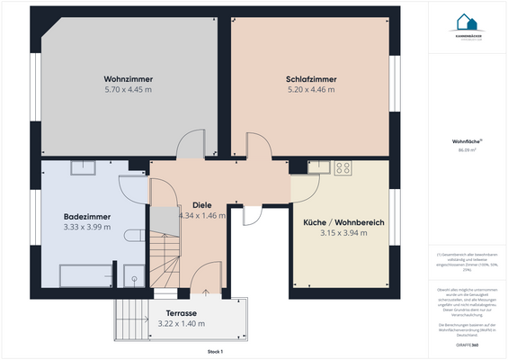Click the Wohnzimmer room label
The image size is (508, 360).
click(x=128, y=79)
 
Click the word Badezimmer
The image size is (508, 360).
click(x=87, y=216)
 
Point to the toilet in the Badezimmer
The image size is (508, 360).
click(x=135, y=235)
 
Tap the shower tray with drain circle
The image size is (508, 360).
click(x=132, y=275)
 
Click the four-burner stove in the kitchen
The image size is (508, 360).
click(x=343, y=167)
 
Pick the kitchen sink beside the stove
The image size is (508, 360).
click(x=317, y=167)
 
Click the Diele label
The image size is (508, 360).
click(x=201, y=205)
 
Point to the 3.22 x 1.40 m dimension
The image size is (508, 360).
click(x=180, y=324)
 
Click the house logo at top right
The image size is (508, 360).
click(x=465, y=22)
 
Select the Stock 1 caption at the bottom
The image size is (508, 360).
click(x=214, y=351)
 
